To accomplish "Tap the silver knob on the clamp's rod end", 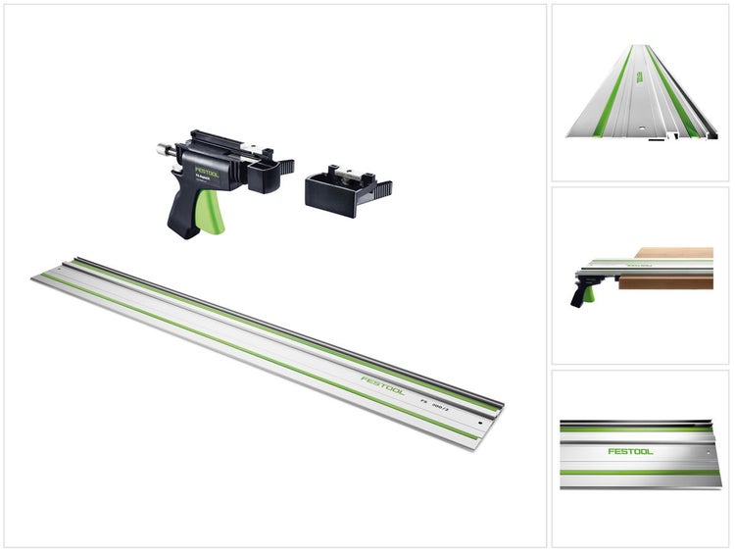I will click(x=160, y=151).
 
